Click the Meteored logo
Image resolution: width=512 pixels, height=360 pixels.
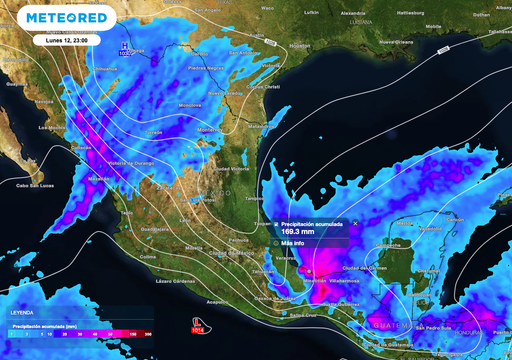coord(67,18)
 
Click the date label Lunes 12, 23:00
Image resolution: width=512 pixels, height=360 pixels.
coord(67,41)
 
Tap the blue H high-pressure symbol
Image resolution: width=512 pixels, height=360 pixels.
coord(124,46)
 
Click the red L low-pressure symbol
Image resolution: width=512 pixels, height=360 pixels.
coord(197,322)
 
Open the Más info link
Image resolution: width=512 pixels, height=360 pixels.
coord(295,243)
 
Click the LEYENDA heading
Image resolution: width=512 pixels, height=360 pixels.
coord(22,314)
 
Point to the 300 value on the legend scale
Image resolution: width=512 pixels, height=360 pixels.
coord(148,335)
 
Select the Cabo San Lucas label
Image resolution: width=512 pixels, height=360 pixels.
coord(35,185)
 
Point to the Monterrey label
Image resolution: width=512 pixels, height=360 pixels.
coord(209,130)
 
